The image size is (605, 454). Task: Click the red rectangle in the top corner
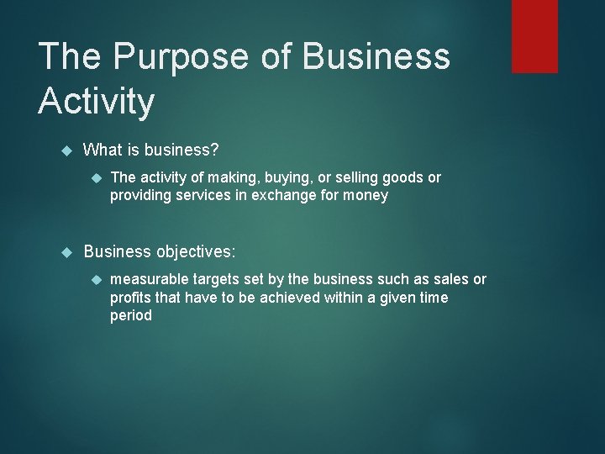pyautogui.click(x=534, y=35)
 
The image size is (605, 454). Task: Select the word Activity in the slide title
pyautogui.click(x=97, y=102)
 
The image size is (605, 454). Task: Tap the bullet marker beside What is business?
pyautogui.click(x=68, y=150)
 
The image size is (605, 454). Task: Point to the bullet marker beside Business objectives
pyautogui.click(x=68, y=251)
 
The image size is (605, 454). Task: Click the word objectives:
pyautogui.click(x=191, y=251)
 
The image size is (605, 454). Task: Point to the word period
pyautogui.click(x=131, y=316)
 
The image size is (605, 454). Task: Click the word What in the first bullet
pyautogui.click(x=103, y=150)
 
